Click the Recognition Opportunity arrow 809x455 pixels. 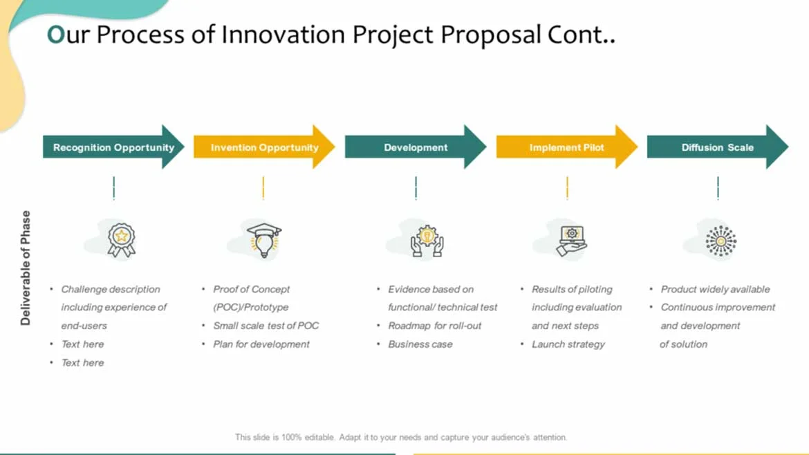coord(113,147)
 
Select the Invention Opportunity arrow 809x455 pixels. coord(264,147)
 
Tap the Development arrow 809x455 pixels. coord(416,147)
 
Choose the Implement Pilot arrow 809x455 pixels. coord(566,147)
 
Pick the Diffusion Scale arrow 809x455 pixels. coord(718,147)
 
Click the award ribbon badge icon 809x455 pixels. coord(121,240)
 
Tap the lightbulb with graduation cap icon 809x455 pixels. coord(263,241)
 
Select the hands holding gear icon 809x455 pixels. coord(427,241)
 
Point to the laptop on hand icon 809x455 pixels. coord(571,241)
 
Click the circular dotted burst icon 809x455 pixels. coord(720,241)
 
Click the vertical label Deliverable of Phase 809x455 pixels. coord(26,268)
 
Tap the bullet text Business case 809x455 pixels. coord(420,344)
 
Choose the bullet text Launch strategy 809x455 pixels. coord(568,344)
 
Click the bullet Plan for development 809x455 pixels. coord(261,344)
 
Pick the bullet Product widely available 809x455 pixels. coord(715,290)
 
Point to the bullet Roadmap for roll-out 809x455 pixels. coord(434,326)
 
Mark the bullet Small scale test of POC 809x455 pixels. coord(266,326)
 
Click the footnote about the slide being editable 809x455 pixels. coord(401,438)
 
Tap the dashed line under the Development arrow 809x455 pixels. coord(416,188)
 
